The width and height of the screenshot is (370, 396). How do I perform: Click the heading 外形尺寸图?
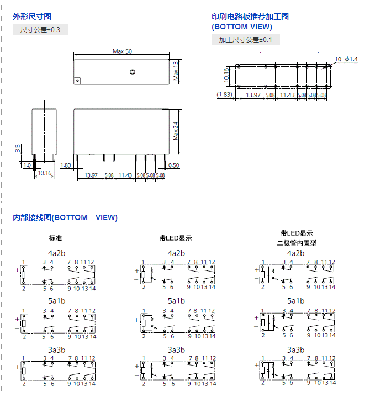tap(32, 17)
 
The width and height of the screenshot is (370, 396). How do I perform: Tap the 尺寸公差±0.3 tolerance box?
tap(40, 29)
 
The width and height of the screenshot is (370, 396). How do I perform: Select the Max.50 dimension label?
tap(122, 51)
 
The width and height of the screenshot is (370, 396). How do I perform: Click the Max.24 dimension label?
tap(176, 131)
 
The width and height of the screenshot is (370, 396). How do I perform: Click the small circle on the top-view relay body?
tap(132, 72)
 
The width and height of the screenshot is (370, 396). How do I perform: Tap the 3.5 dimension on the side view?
tap(18, 149)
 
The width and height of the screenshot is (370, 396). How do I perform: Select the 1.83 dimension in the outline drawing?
tap(66, 165)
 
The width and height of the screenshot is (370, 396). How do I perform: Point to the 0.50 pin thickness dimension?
tap(173, 165)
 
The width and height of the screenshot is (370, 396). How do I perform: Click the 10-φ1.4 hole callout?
tap(346, 59)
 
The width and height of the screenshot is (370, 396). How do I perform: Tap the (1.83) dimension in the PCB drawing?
tap(224, 95)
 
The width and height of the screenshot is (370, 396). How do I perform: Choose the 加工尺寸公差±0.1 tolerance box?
tap(246, 39)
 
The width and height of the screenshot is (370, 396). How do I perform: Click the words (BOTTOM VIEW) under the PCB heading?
tap(241, 27)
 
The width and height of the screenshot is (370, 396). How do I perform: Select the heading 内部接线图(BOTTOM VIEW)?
tap(65, 217)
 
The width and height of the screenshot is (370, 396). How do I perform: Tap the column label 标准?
tap(55, 238)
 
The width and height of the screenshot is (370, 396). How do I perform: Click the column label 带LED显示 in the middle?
tap(175, 238)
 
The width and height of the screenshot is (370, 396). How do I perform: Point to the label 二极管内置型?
tap(297, 243)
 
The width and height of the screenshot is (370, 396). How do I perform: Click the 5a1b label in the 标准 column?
tap(56, 301)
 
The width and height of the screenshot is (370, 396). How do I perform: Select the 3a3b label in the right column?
tap(296, 350)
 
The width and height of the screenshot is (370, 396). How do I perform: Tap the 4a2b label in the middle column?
tap(176, 253)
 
